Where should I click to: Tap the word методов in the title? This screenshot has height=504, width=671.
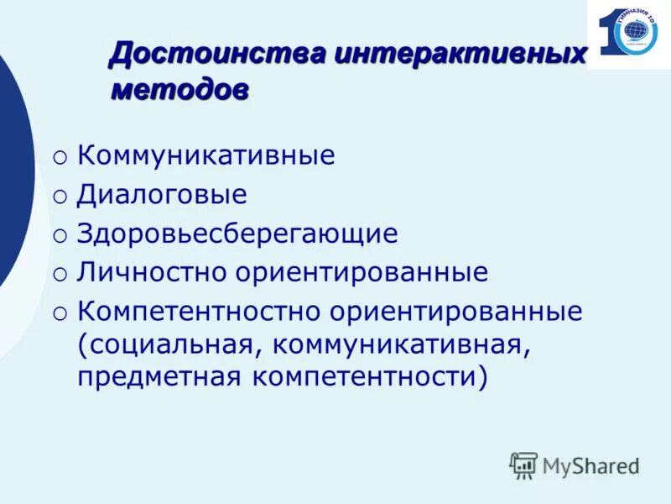(x=179, y=90)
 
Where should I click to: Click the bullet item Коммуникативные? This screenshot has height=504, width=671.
(x=205, y=156)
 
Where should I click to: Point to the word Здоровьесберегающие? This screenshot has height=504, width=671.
(x=237, y=234)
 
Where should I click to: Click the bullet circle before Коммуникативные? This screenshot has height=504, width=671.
(x=60, y=158)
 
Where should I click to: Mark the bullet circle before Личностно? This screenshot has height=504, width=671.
(x=60, y=274)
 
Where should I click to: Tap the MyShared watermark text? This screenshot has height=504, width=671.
(x=590, y=465)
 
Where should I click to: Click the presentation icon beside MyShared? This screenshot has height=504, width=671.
(x=523, y=465)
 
